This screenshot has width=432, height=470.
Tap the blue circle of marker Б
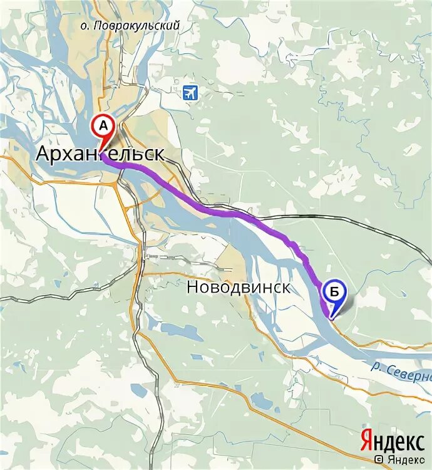[334, 291]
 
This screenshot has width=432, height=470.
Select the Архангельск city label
[100, 152]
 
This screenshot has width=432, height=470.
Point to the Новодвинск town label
[239, 287]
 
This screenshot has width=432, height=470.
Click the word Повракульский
[140, 26]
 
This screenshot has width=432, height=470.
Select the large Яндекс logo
[392, 441]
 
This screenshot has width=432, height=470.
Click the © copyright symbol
[378, 460]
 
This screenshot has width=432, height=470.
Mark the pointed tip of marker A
[101, 152]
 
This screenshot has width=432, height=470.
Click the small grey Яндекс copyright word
[404, 460]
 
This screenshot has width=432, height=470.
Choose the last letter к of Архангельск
[159, 152]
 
